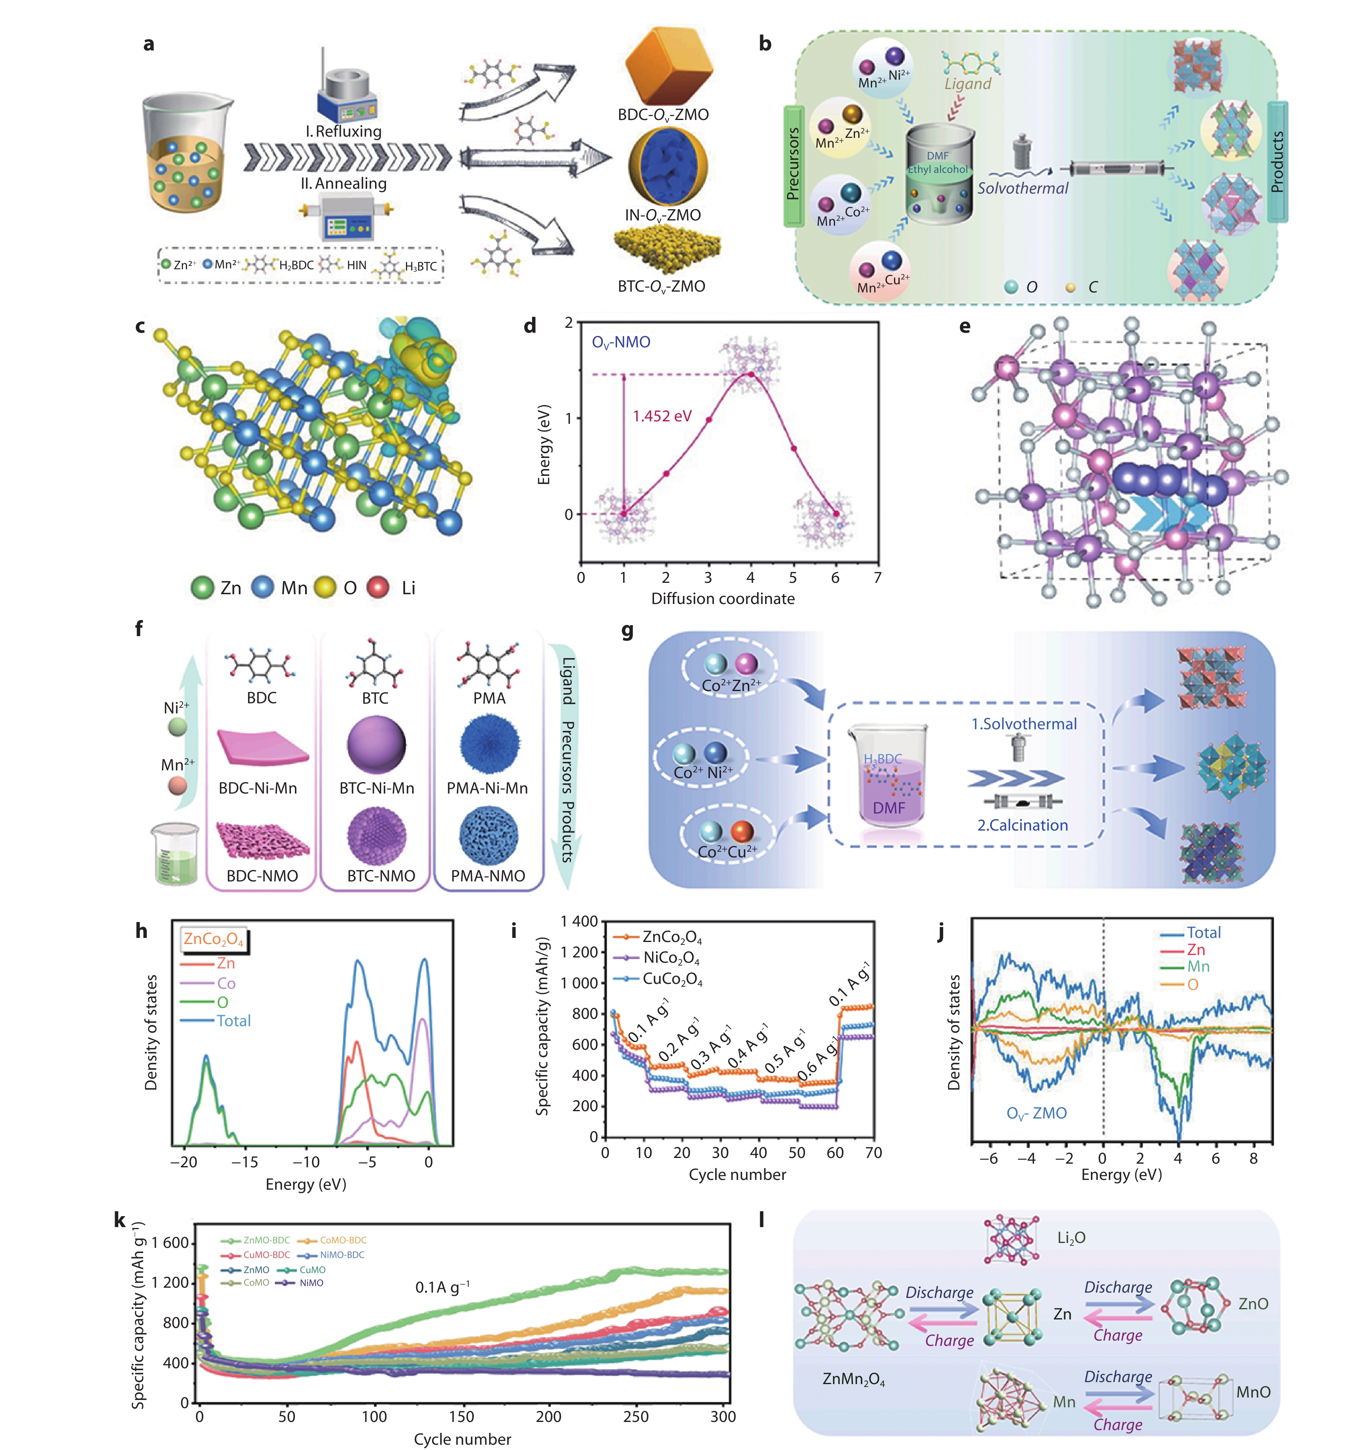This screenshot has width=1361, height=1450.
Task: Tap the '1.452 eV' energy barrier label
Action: (x=661, y=416)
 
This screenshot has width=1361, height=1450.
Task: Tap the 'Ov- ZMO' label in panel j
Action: (x=1036, y=1114)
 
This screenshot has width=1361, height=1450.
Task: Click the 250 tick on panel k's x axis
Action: (x=636, y=1417)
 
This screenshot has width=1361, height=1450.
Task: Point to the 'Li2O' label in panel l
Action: (x=1071, y=1238)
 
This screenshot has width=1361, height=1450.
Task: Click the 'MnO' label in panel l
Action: (x=1253, y=1392)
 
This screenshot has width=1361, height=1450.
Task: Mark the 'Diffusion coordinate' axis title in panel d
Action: (x=722, y=599)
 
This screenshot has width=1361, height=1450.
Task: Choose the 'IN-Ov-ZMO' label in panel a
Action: (x=662, y=215)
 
